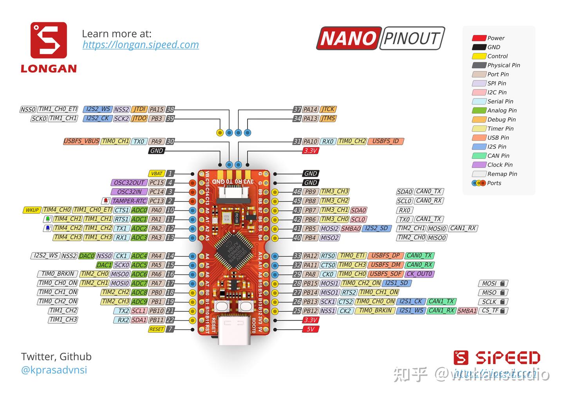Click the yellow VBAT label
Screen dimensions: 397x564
(x=157, y=173)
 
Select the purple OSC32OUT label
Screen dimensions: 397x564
(x=129, y=183)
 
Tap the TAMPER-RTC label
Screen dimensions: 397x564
(x=129, y=201)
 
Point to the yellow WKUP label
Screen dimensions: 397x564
(x=32, y=210)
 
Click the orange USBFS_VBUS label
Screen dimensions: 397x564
(x=81, y=141)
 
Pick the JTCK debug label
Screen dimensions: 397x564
(x=328, y=110)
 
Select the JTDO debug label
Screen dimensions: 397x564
(x=139, y=119)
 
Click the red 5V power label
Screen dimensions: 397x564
(x=310, y=329)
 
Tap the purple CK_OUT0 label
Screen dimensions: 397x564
(x=419, y=274)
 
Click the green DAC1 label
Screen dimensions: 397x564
(x=104, y=265)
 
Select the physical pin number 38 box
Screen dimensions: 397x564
(x=170, y=110)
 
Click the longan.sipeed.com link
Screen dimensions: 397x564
(x=141, y=45)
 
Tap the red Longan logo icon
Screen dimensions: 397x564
(x=49, y=40)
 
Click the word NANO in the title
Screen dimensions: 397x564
(x=348, y=38)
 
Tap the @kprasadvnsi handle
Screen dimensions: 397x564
(x=54, y=370)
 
